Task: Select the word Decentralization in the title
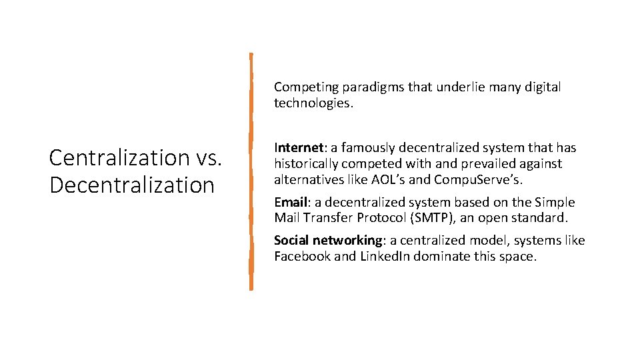[132, 185]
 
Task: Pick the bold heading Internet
[298, 147]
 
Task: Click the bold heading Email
[291, 202]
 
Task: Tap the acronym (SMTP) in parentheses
[437, 217]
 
